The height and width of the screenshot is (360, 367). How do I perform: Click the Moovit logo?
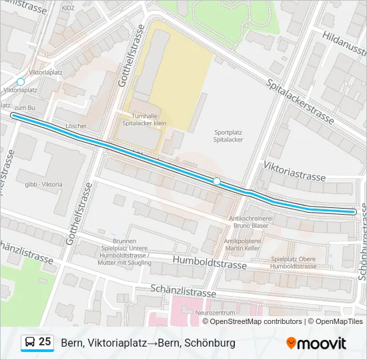[316, 343]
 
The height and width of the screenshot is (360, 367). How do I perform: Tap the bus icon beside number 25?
[30, 343]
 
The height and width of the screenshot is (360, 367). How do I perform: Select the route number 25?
[45, 342]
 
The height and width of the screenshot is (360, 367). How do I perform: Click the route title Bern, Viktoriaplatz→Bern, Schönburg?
[148, 343]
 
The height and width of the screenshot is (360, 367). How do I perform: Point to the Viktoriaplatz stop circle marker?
[20, 82]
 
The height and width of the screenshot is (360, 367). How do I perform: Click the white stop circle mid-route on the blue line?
[217, 181]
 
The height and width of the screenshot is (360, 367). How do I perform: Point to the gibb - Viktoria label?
[44, 184]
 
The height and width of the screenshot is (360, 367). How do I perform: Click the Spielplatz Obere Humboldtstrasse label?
[294, 262]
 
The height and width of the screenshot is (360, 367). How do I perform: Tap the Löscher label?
[77, 125]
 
